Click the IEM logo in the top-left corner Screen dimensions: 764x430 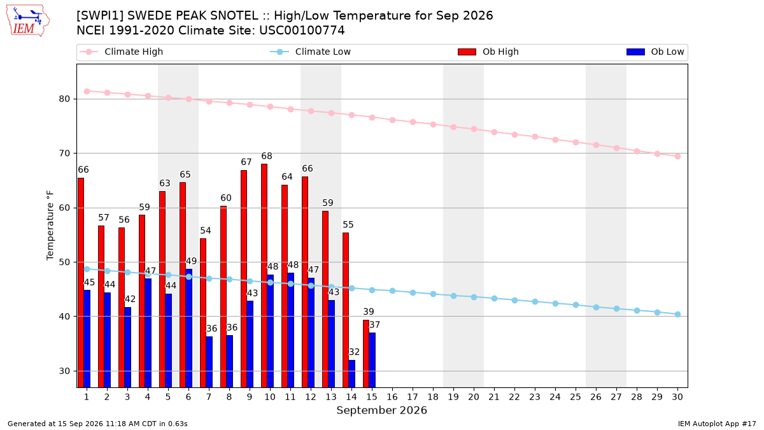pyautogui.click(x=28, y=20)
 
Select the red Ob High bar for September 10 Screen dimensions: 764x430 pyautogui.click(x=264, y=276)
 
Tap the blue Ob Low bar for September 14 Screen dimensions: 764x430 pyautogui.click(x=351, y=374)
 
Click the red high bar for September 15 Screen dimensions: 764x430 pyautogui.click(x=366, y=354)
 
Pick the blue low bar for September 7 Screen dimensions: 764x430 pyautogui.click(x=209, y=362)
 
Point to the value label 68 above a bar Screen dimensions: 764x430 pyautogui.click(x=267, y=156)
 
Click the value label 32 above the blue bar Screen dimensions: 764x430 pyautogui.click(x=354, y=352)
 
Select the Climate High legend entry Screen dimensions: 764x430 pyautogui.click(x=122, y=52)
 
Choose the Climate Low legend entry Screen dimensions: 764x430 pyautogui.click(x=311, y=52)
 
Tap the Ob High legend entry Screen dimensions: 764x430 pyautogui.click(x=488, y=52)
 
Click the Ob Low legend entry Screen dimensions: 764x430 pyautogui.click(x=655, y=52)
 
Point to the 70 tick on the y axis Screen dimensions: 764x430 pyautogui.click(x=64, y=154)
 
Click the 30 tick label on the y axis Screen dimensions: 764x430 pyautogui.click(x=64, y=371)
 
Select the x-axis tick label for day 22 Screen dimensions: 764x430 pyautogui.click(x=514, y=397)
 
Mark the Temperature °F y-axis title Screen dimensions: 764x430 pyautogui.click(x=50, y=226)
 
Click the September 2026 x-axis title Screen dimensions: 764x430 pyautogui.click(x=381, y=410)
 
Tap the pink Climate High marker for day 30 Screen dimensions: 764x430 pyautogui.click(x=677, y=156)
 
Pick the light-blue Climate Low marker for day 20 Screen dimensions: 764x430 pyautogui.click(x=474, y=297)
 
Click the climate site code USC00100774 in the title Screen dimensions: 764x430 pyautogui.click(x=302, y=31)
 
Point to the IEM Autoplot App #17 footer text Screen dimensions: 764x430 pyautogui.click(x=717, y=424)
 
